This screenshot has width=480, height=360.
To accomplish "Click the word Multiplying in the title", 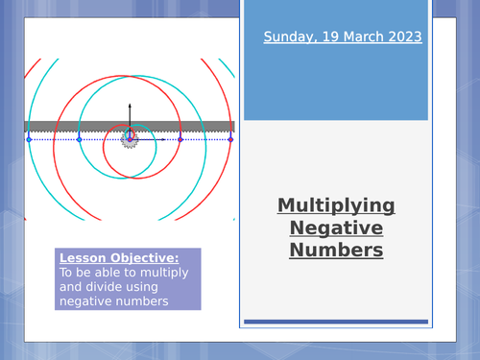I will pos(336,205).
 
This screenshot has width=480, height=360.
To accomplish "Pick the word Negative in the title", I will pos(336,228).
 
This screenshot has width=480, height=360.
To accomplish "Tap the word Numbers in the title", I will pos(336,251).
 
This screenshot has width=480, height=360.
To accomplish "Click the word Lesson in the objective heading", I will pos(82,258).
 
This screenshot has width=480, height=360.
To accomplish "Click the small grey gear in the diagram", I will pos(130,140).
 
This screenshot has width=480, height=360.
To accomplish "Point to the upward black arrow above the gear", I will pos(130,110).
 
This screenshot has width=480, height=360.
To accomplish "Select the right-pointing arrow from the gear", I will pos(154,140).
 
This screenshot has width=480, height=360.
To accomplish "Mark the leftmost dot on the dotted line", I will pos(29,140).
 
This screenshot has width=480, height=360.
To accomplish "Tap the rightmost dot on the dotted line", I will pos(230,140).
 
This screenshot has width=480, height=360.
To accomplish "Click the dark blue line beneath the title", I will pos(336,322).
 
